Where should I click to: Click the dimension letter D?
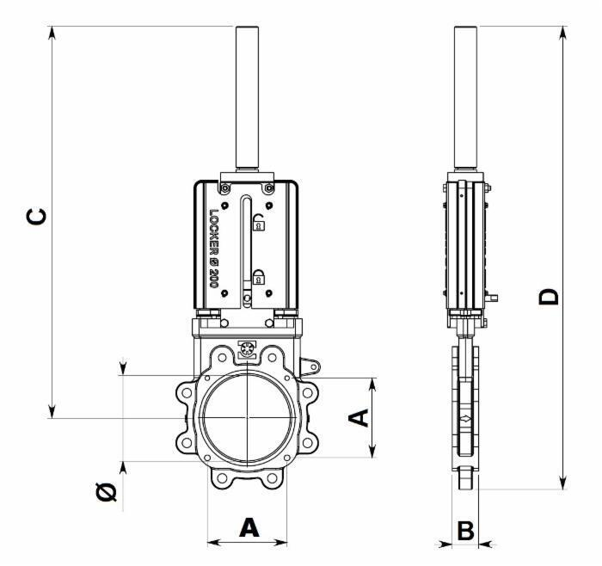pos(549,297)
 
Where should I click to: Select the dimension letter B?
pos(466,531)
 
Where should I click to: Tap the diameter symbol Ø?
pos(107,492)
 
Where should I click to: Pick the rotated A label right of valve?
pos(359,418)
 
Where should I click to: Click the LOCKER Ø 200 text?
pos(213,249)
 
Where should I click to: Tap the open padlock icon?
pos(258,222)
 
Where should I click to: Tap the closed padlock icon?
pos(259,277)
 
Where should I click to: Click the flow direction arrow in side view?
pos(466,418)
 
